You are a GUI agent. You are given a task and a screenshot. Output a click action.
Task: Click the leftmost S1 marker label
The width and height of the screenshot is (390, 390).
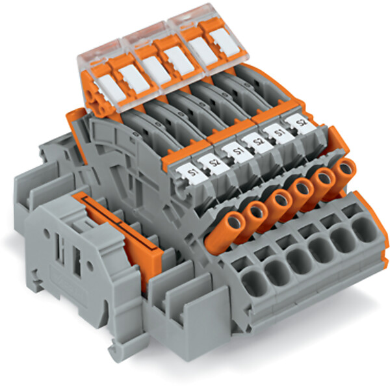point(192,173)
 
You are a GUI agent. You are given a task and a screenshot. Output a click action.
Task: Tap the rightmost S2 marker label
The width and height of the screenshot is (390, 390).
point(300,123)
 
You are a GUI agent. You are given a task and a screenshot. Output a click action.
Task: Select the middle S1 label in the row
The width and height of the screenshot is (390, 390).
point(237,151)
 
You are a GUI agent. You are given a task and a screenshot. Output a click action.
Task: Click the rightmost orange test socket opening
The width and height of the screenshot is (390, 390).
point(346,168)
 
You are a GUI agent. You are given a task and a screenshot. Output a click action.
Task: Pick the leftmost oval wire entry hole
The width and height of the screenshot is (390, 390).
point(254,283)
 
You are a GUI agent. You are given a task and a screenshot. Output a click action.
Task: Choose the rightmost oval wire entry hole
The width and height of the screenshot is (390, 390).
point(364,230)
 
